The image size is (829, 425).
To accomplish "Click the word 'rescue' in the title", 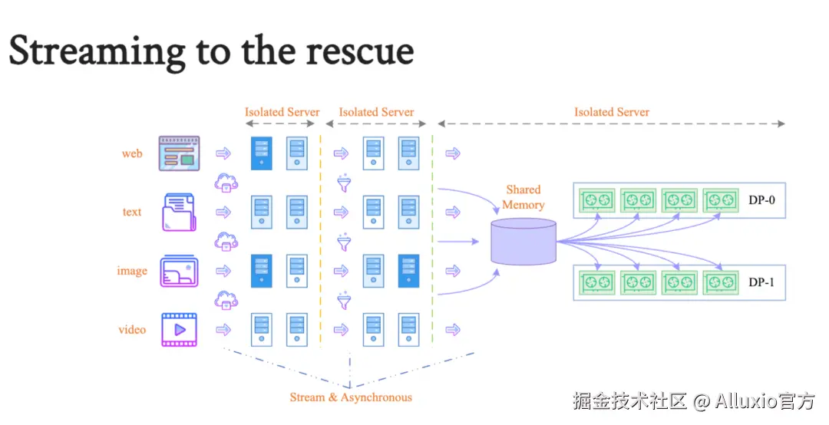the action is [x=359, y=52].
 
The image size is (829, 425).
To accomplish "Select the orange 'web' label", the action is [x=132, y=154].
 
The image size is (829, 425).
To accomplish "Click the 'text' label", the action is [x=132, y=212].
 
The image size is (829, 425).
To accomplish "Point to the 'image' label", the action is [x=132, y=271].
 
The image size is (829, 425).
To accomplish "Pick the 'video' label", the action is [x=132, y=330].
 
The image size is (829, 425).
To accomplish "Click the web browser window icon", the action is [x=179, y=153].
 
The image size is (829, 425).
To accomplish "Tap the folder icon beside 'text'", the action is [x=179, y=212].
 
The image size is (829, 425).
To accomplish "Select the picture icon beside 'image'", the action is [x=179, y=271].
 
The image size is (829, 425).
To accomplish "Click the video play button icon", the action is [x=179, y=329].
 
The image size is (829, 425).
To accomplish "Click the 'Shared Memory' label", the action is [x=523, y=197].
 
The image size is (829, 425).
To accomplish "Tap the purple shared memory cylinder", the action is [x=523, y=242].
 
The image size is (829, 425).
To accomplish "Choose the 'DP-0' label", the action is [x=761, y=199].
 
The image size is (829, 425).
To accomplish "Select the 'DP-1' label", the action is [x=761, y=282].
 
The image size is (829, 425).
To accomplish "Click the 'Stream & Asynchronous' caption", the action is [x=351, y=397].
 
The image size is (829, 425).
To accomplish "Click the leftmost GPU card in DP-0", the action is [x=597, y=199].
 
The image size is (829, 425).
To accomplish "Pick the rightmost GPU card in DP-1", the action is [x=721, y=282].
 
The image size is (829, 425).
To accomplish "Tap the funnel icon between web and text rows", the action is [x=344, y=183].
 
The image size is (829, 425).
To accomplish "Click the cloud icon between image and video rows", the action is [x=226, y=300].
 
